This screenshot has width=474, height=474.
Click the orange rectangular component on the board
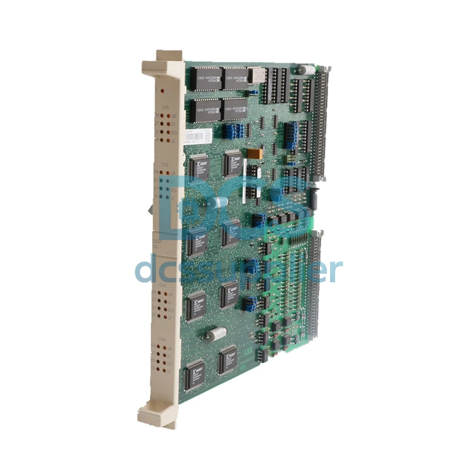254,153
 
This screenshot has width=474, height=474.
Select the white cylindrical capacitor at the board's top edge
305,71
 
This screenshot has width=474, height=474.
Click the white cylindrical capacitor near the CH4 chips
216,334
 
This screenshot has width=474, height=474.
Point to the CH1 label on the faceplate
165,107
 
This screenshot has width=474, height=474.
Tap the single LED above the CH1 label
163,92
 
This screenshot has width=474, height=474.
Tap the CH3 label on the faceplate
162,285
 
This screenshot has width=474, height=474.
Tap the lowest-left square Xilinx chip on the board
195,374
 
